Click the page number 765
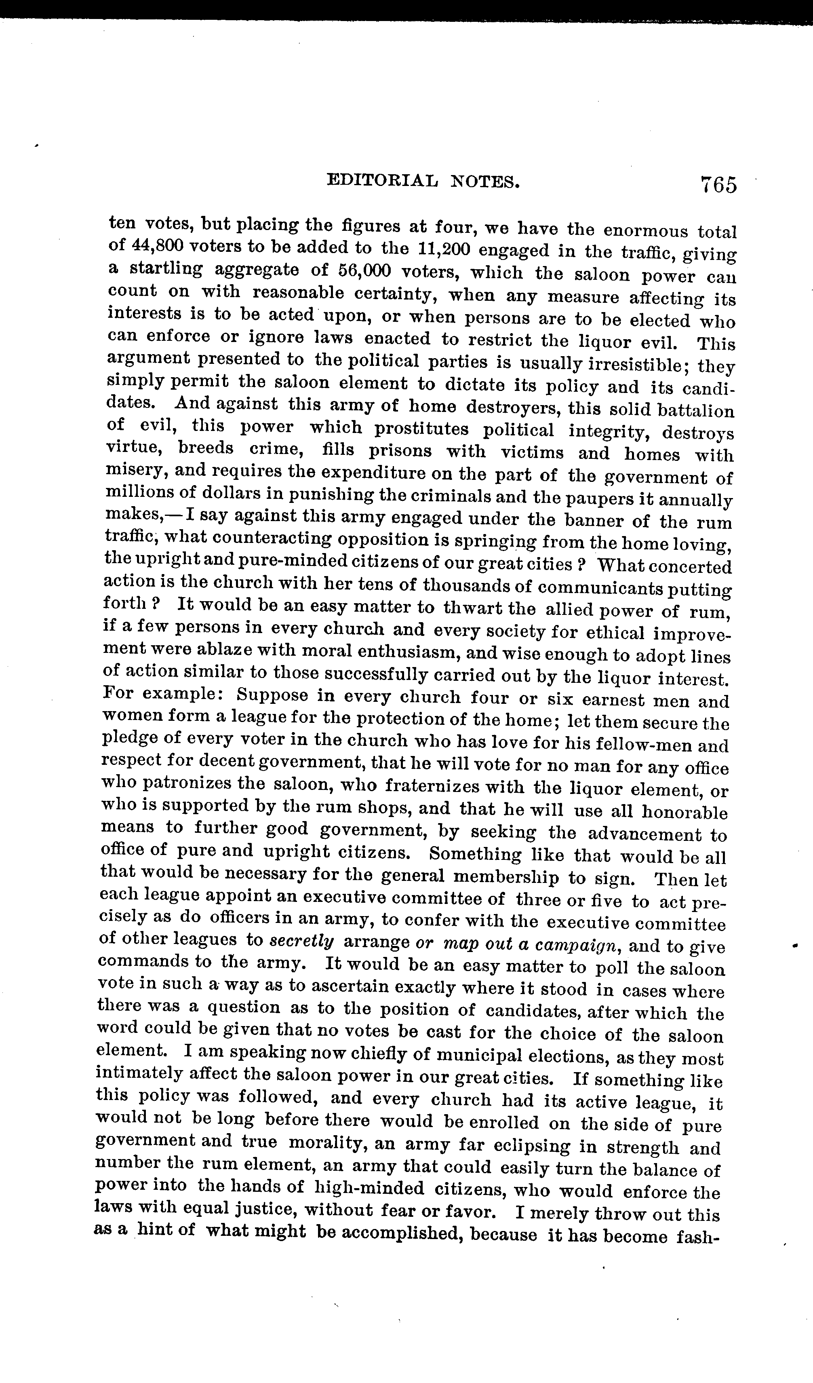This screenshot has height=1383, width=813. pos(718,184)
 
